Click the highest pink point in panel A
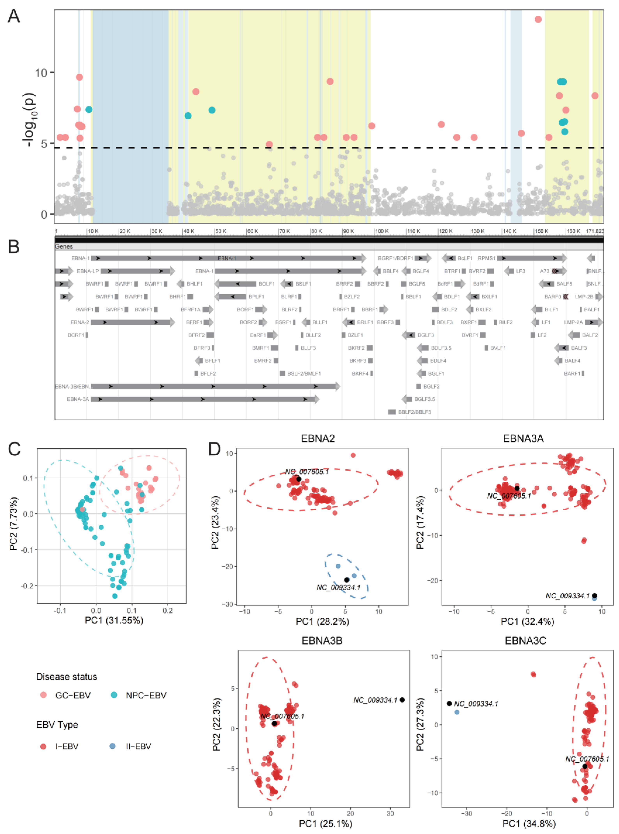[538, 19]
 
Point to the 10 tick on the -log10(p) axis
[41, 72]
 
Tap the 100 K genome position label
[382, 231]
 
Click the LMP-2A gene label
[573, 322]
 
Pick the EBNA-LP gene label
[88, 271]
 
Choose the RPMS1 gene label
[486, 258]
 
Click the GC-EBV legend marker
[43, 695]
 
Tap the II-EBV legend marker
[112, 746]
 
